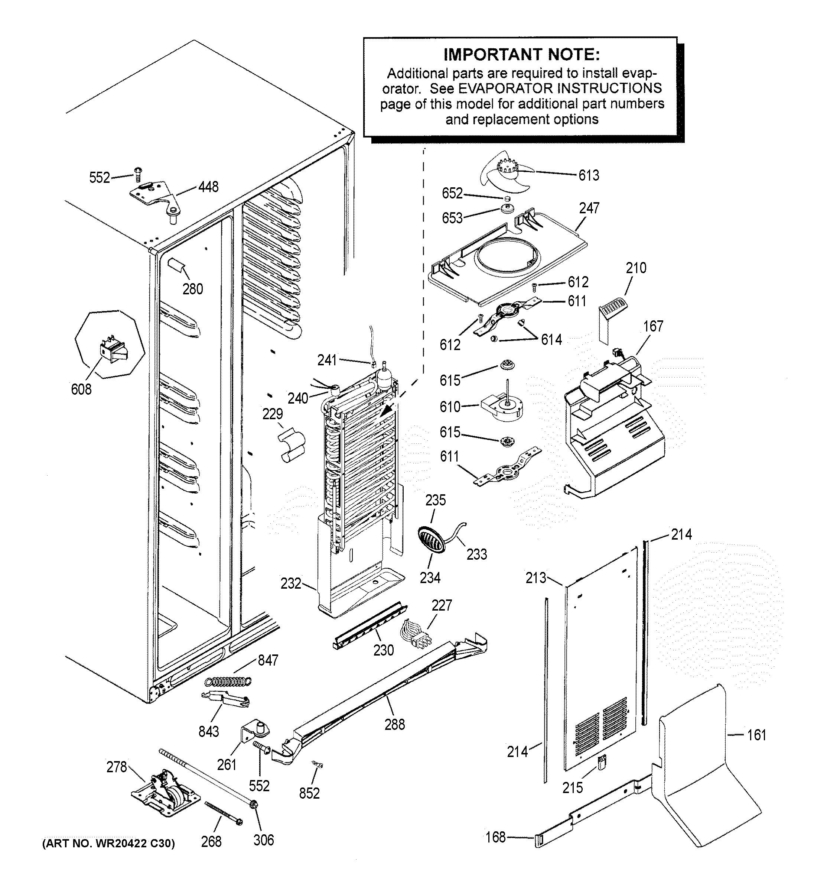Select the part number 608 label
[81, 389]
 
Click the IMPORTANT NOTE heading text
[522, 55]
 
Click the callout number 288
[395, 725]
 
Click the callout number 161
[757, 735]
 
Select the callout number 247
[589, 208]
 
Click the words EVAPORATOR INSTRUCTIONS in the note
[560, 88]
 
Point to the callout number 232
[291, 583]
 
